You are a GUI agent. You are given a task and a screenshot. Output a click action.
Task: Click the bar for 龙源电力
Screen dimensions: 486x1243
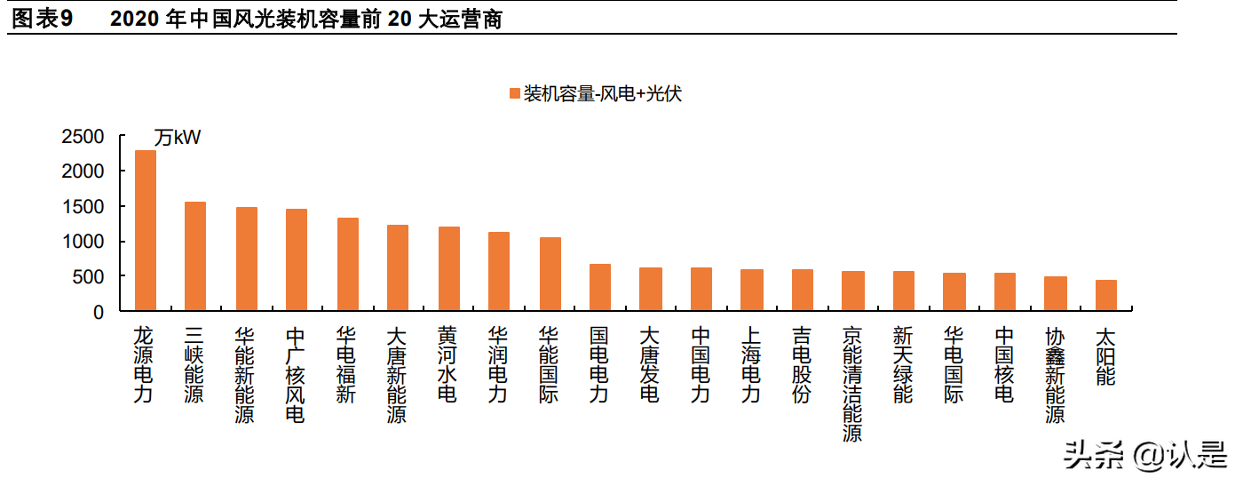click(x=145, y=231)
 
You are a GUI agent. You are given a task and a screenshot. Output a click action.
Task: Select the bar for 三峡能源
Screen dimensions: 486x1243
click(x=194, y=257)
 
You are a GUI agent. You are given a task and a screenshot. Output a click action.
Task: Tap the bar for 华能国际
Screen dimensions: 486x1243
click(x=550, y=275)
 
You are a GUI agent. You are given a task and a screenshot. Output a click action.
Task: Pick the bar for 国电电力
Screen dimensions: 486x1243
click(x=600, y=288)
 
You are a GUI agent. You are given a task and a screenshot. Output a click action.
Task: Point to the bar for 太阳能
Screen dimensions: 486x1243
click(x=1106, y=296)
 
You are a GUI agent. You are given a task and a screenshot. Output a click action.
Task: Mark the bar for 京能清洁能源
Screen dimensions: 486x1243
click(x=853, y=291)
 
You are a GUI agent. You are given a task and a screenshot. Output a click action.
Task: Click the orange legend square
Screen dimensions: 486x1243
click(x=514, y=94)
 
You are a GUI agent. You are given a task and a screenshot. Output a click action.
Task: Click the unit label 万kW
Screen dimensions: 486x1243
click(x=178, y=138)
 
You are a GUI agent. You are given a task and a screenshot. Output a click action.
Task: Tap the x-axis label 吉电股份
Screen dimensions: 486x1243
click(x=803, y=365)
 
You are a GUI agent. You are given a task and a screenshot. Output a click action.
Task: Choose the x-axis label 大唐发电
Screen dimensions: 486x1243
click(x=650, y=365)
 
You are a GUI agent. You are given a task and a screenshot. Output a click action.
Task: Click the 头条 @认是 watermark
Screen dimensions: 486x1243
click(x=1144, y=457)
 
